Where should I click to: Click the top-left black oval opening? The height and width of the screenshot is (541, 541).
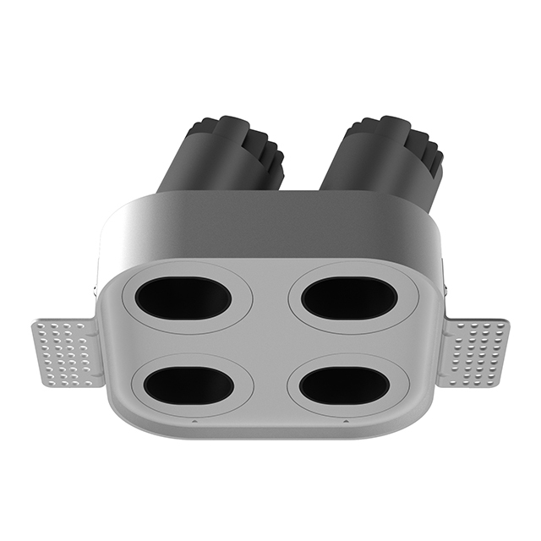coord(183,298)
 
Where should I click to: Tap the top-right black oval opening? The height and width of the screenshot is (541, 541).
coord(349,298)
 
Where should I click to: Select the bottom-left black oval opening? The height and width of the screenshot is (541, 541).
coord(189,385)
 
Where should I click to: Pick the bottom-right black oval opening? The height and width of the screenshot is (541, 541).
coord(344,385)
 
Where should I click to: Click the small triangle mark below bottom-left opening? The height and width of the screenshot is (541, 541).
coord(194,420)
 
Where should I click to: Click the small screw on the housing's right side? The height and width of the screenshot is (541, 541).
coord(440,288)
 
